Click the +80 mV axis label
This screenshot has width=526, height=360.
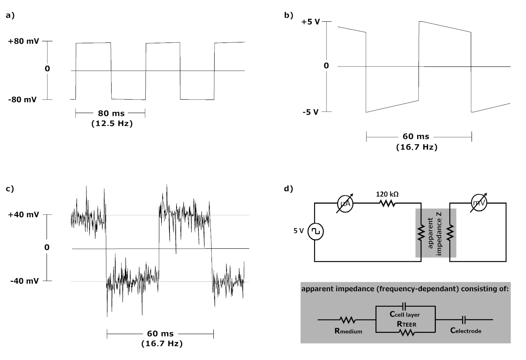pos(23,41)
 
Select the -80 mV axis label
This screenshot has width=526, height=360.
pos(23,100)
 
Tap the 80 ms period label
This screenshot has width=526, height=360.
pos(111,113)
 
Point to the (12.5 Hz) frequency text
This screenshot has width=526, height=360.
pos(112,123)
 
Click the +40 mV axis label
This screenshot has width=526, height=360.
pos(23,215)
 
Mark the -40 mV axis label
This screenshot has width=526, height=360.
pos(24,281)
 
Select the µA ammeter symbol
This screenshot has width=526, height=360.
pos(345,203)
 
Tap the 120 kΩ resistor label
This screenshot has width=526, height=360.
pos(387,194)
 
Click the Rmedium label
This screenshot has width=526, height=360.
pos(348,331)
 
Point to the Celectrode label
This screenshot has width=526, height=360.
pos(466,331)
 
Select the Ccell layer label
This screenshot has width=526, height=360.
pos(405,314)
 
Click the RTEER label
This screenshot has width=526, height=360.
pos(407,324)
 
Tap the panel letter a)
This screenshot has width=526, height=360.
pos(10,15)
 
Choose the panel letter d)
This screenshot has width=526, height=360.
pos(289,189)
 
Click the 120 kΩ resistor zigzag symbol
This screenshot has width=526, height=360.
pos(387,203)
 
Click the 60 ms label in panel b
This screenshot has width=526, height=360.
pos(416,137)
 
